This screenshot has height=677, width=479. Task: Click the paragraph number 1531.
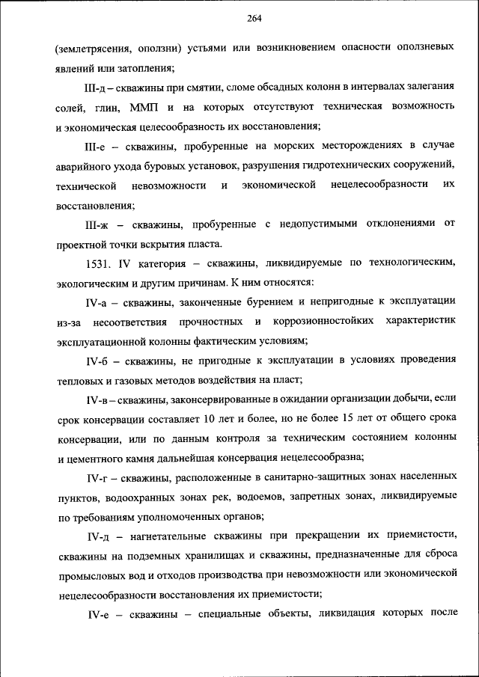point(100,263)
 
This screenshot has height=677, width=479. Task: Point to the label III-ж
point(99,224)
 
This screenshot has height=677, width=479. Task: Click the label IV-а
point(99,302)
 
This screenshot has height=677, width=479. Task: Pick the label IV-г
point(99,477)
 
